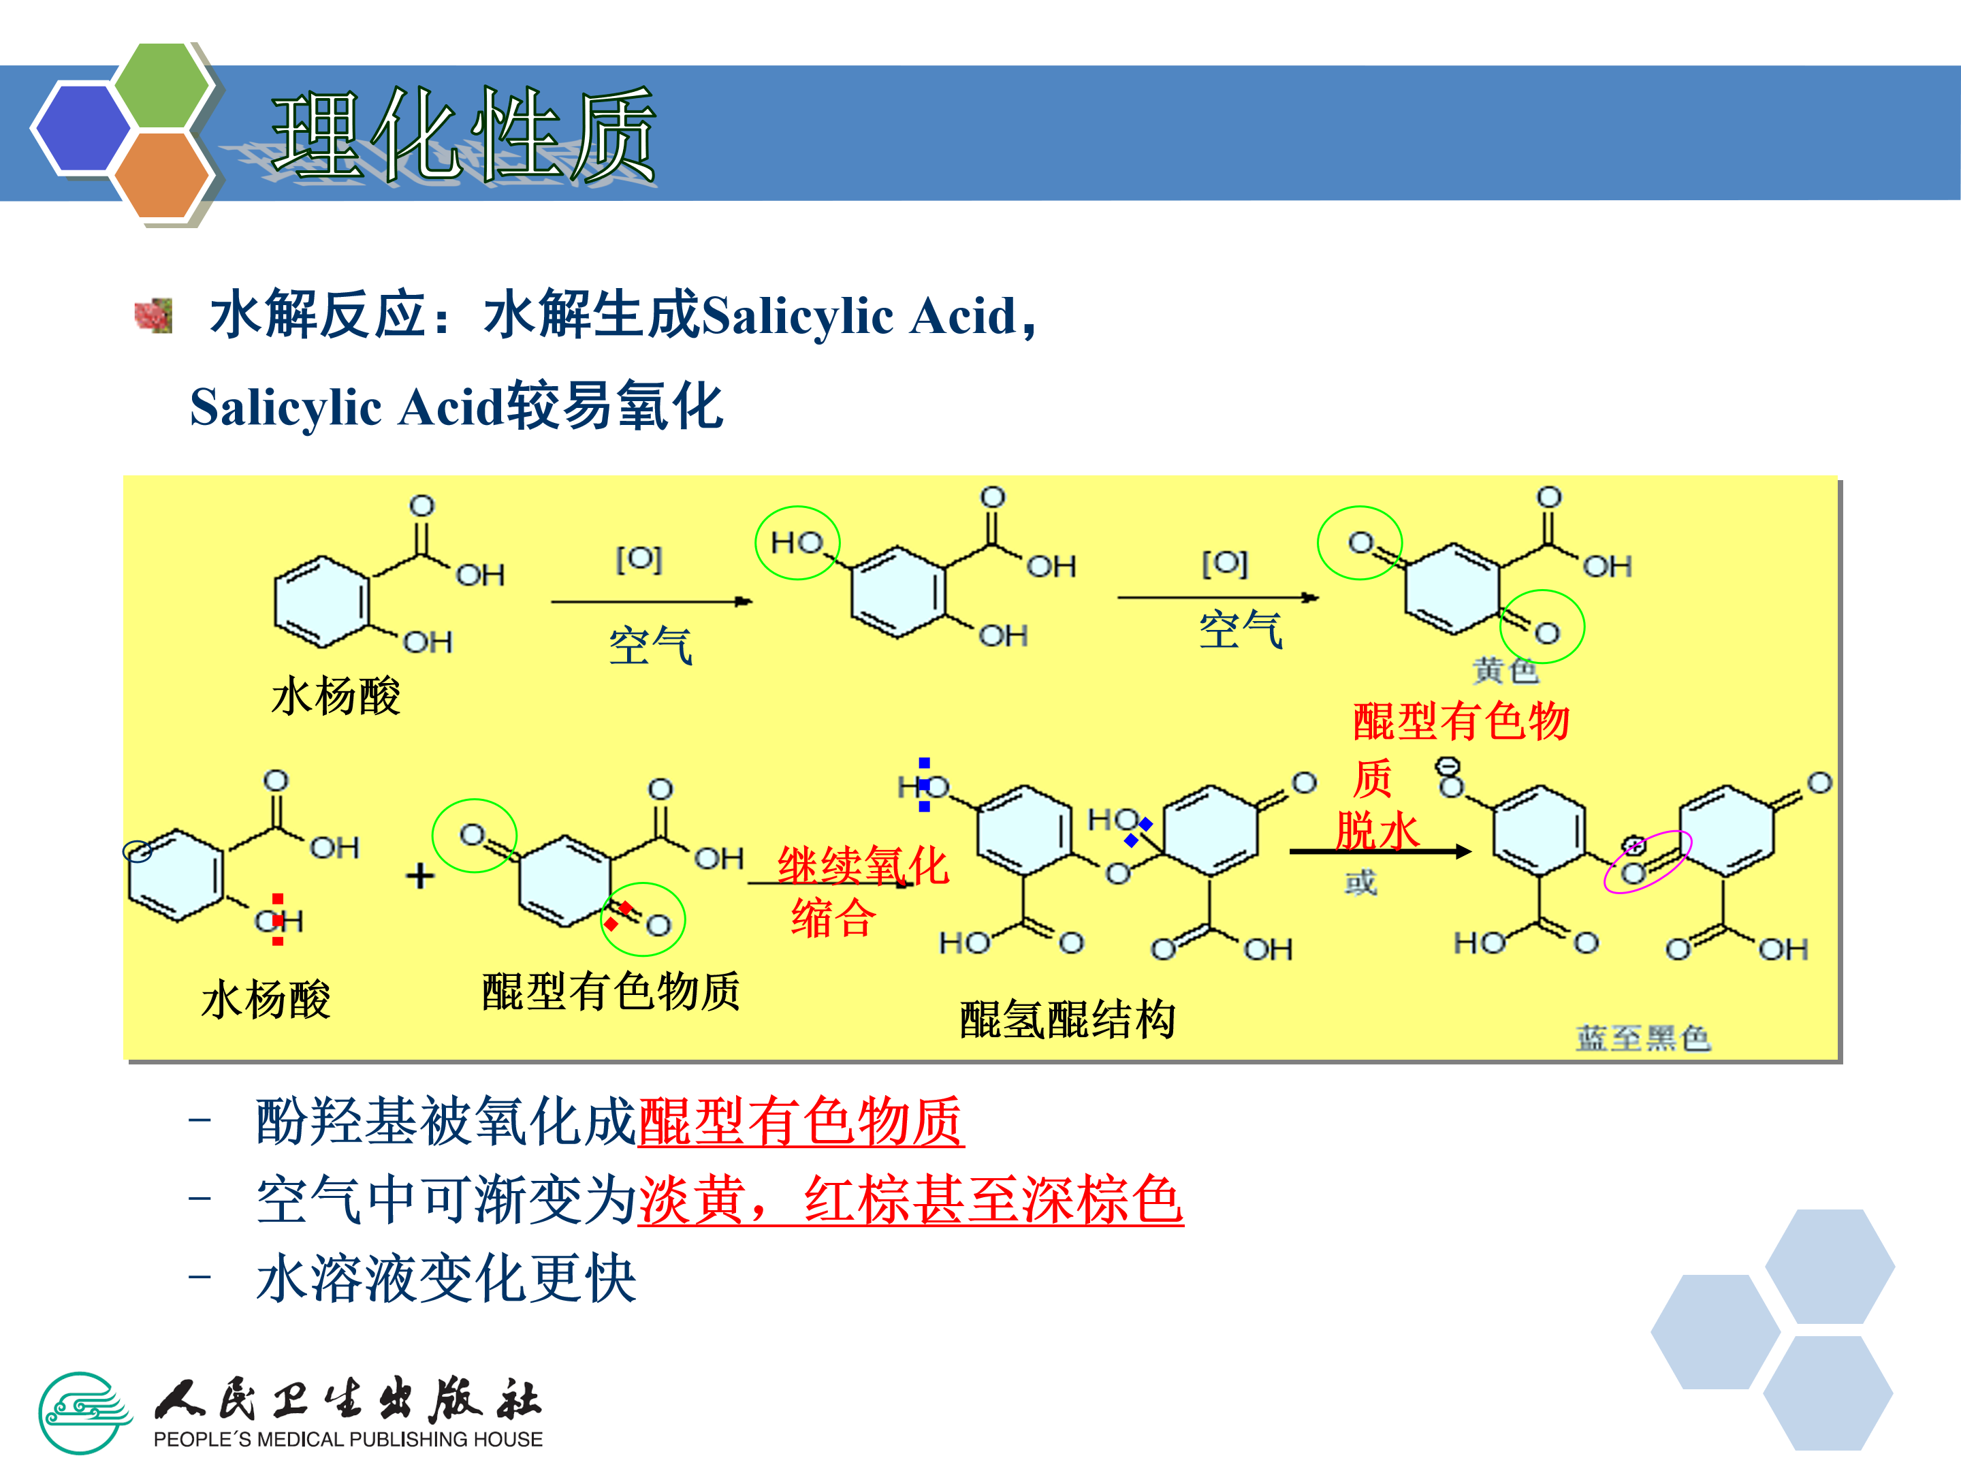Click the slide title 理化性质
click(x=463, y=135)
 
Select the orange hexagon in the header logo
click(x=162, y=174)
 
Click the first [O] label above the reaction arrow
click(x=639, y=558)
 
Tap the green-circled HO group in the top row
click(x=797, y=543)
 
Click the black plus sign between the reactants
click(x=420, y=876)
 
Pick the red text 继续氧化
click(x=863, y=866)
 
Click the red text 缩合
click(x=833, y=918)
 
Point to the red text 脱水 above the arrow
click(x=1377, y=831)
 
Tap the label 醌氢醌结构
click(x=1068, y=1019)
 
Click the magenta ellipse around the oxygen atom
click(x=1647, y=861)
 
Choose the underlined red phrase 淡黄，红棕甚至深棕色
click(x=910, y=1200)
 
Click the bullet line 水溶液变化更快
click(x=446, y=1278)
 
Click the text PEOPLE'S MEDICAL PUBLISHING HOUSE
click(x=347, y=1439)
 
